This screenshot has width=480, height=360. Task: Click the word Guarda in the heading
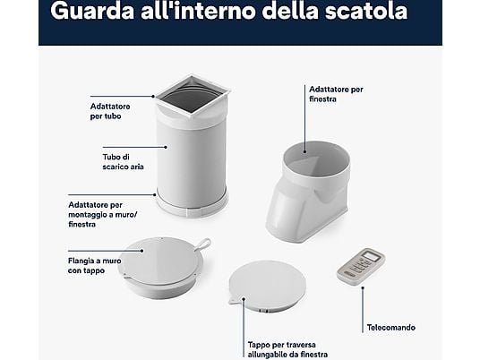click(92, 11)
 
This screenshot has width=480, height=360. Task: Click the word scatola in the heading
click(366, 11)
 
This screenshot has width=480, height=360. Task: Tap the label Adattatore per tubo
click(110, 111)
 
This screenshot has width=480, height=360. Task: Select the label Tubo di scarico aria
click(123, 161)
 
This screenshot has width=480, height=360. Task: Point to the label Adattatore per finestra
click(336, 94)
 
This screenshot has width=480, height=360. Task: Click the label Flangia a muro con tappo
click(95, 266)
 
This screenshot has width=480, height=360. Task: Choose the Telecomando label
click(391, 328)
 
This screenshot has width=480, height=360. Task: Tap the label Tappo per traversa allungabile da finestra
click(287, 349)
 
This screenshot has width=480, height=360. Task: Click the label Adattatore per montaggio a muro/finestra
click(103, 214)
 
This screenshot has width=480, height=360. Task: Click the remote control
click(361, 267)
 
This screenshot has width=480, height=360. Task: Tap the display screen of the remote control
click(371, 256)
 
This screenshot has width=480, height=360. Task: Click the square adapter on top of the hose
click(193, 99)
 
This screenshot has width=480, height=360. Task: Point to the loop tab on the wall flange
click(202, 244)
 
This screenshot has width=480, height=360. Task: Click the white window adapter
click(308, 192)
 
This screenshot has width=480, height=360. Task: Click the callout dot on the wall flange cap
click(142, 251)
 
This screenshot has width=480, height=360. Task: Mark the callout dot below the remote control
click(363, 287)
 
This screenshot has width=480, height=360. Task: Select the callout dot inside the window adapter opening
click(304, 151)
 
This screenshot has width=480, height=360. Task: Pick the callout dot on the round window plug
click(244, 298)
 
